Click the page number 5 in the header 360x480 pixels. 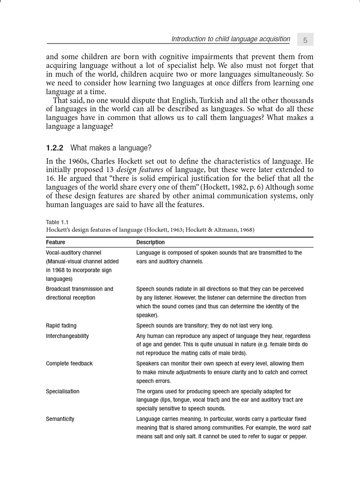coord(305,40)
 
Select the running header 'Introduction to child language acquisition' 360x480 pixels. coord(231,39)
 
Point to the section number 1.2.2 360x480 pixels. coord(54,148)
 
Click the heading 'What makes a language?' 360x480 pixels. coord(111,148)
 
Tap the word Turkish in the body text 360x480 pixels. coord(216,101)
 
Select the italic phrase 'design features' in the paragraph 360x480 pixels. coord(140,169)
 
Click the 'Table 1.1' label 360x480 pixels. coord(57,222)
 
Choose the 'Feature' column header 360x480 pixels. coord(55,242)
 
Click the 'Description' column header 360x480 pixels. coord(150,242)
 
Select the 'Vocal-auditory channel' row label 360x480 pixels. coord(74,253)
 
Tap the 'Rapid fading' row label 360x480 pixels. coord(61,326)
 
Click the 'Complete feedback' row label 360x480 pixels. coord(69,364)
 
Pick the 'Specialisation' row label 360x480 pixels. coord(62,391)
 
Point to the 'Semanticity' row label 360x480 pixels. coord(60,419)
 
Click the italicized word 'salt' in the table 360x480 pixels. coord(306,428)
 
